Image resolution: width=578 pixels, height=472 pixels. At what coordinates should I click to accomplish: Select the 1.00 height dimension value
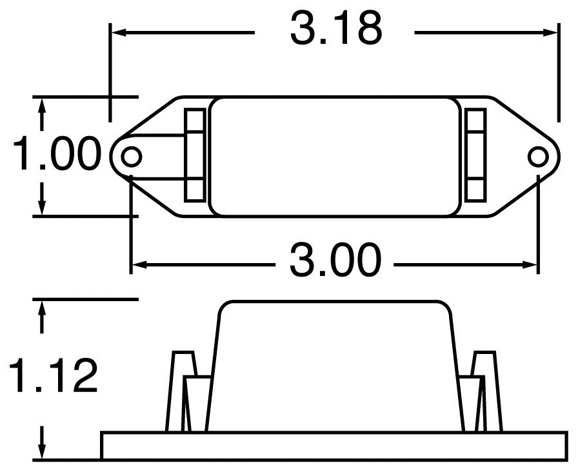57,155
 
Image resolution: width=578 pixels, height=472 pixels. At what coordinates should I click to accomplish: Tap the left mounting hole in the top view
132,156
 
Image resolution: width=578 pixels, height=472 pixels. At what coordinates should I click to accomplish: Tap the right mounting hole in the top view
537,156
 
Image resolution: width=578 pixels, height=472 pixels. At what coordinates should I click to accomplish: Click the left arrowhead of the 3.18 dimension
117,30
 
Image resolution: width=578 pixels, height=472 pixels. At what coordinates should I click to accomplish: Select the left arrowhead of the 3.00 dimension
137,264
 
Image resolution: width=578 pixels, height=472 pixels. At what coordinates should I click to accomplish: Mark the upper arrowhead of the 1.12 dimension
43,307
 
